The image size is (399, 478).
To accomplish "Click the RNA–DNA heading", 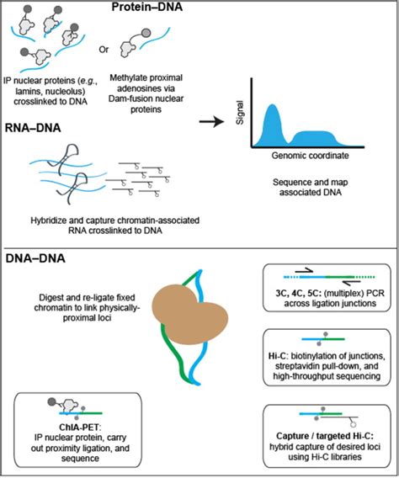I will (x=41, y=120).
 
